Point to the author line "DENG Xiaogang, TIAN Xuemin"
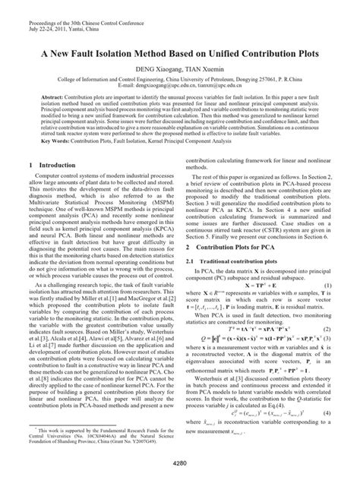(x=181, y=68)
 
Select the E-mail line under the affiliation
(x=181, y=85)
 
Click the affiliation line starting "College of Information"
(x=181, y=78)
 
